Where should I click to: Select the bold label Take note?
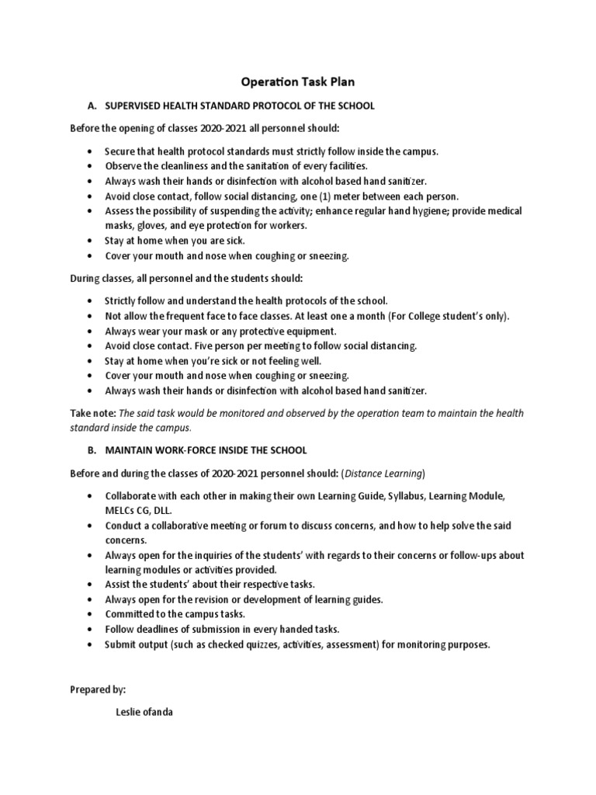[92, 413]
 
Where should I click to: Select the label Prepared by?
[98, 689]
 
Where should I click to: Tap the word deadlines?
[161, 630]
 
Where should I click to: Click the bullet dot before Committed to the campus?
[92, 615]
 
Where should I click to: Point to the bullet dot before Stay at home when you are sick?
[92, 241]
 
